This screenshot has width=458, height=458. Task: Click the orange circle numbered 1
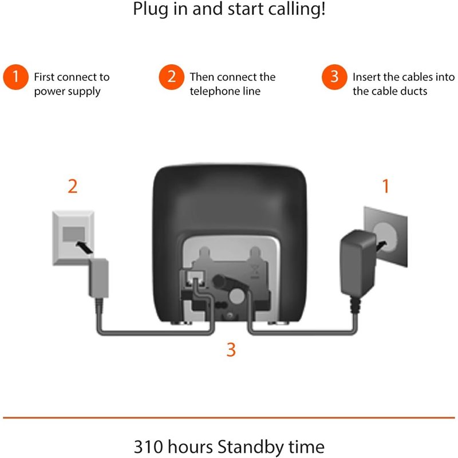coord(16,77)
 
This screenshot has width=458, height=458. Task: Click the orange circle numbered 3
coord(334,77)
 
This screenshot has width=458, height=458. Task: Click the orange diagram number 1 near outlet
coord(385,186)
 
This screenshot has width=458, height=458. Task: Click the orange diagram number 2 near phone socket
coord(72,187)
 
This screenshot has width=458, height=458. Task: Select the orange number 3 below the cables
coord(231,350)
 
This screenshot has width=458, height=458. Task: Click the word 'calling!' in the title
coord(293,10)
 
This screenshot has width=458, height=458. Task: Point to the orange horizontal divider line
coord(229,417)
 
